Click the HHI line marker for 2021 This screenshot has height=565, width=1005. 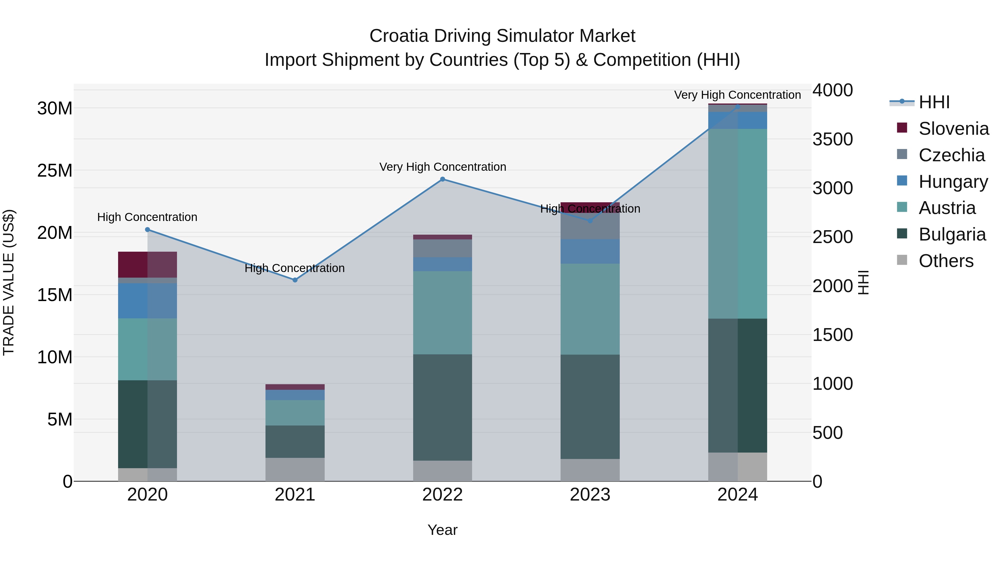[x=295, y=280]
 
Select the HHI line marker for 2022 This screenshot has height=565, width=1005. [x=442, y=179]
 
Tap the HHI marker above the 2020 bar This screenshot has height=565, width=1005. [x=147, y=230]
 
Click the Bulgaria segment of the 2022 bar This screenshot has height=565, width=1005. [x=442, y=407]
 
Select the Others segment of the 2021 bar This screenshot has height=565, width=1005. [x=295, y=470]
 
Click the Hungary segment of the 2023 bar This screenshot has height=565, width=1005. [x=590, y=251]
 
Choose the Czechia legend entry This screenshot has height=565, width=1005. [x=951, y=155]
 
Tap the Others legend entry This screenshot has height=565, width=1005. [x=946, y=261]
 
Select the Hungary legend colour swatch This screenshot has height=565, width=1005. [x=902, y=181]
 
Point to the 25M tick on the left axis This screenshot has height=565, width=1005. [x=55, y=170]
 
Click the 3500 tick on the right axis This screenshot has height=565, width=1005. [x=832, y=140]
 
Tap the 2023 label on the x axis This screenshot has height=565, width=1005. [x=590, y=495]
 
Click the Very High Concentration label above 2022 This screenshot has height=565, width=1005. [x=442, y=167]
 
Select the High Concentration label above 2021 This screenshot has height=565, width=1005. [x=295, y=268]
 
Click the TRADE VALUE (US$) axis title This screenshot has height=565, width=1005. [x=9, y=283]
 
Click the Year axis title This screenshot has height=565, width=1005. [x=442, y=530]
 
